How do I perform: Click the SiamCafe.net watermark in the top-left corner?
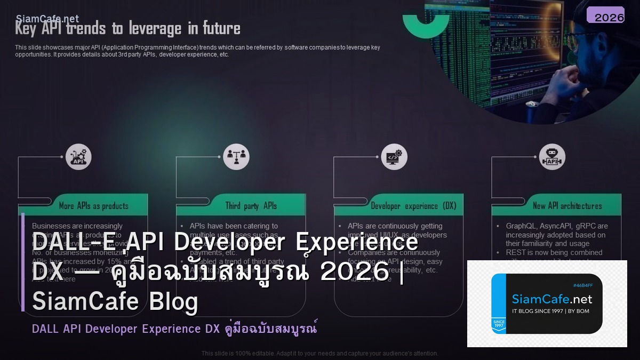(x=47, y=19)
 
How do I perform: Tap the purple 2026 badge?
(x=605, y=15)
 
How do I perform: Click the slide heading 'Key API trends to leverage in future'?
(x=127, y=28)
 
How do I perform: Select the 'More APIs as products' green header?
(x=94, y=206)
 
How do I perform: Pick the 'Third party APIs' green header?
(x=251, y=206)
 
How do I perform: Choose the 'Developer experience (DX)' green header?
(x=413, y=206)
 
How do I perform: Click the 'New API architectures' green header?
(x=567, y=206)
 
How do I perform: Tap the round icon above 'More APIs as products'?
(x=78, y=157)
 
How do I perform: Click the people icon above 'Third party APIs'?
(x=236, y=157)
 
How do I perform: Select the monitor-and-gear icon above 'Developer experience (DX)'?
(x=395, y=157)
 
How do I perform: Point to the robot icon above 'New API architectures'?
(x=552, y=157)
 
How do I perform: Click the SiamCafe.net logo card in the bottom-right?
(x=547, y=303)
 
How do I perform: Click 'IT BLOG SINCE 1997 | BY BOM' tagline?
(x=550, y=311)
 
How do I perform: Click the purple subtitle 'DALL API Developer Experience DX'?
(x=126, y=329)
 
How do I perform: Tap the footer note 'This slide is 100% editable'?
(x=320, y=353)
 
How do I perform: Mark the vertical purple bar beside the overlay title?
(x=23, y=261)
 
